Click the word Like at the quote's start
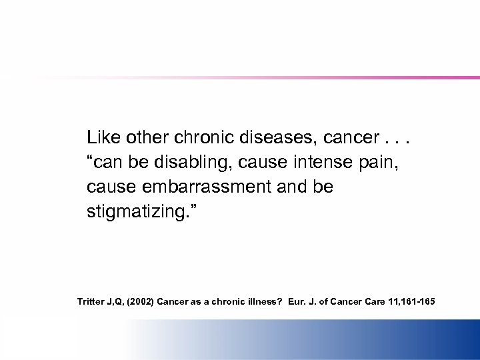pyautogui.click(x=102, y=138)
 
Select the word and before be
pyautogui.click(x=291, y=187)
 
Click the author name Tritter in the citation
pyautogui.click(x=91, y=301)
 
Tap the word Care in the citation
pyautogui.click(x=375, y=301)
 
